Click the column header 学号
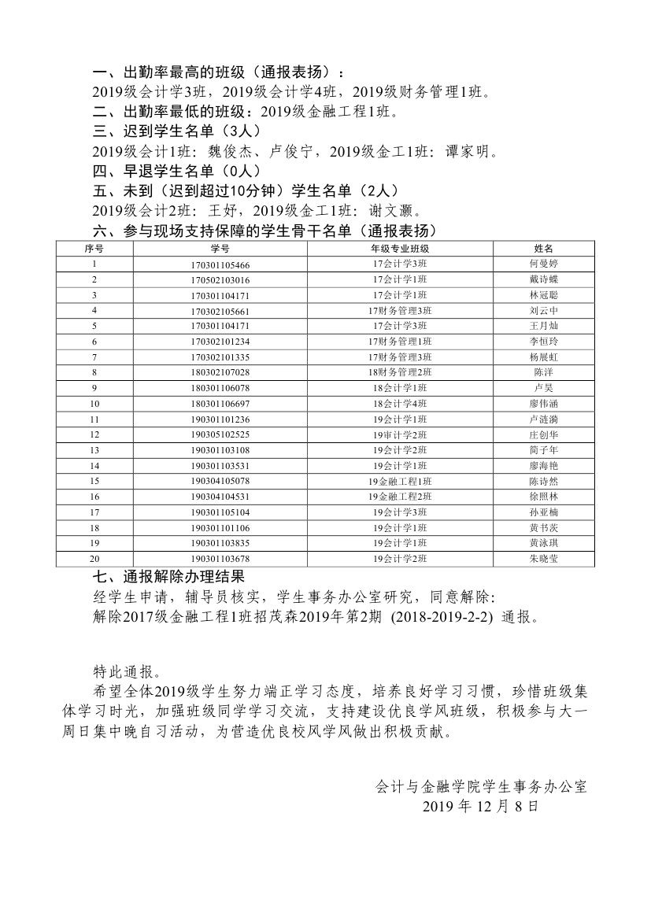220,249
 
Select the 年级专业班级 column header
400,249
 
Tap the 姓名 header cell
543,249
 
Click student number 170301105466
220,264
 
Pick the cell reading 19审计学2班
400,434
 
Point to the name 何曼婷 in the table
543,264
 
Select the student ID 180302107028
220,372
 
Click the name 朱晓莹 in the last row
543,559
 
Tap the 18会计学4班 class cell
400,404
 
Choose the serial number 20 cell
94,559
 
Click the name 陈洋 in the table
543,372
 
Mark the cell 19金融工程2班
400,497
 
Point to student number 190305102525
220,434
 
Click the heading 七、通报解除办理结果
168,578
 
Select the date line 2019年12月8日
480,807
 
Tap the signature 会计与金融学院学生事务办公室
482,786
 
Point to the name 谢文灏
396,211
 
